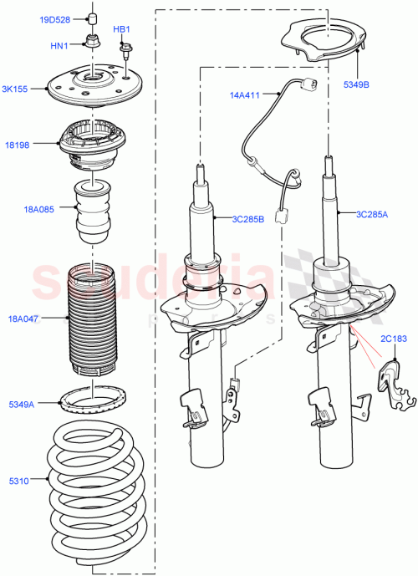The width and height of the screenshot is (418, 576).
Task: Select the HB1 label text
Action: coord(121,29)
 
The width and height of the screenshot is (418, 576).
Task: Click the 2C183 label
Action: coord(393,338)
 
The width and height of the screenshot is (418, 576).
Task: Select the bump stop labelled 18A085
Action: coord(94,213)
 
